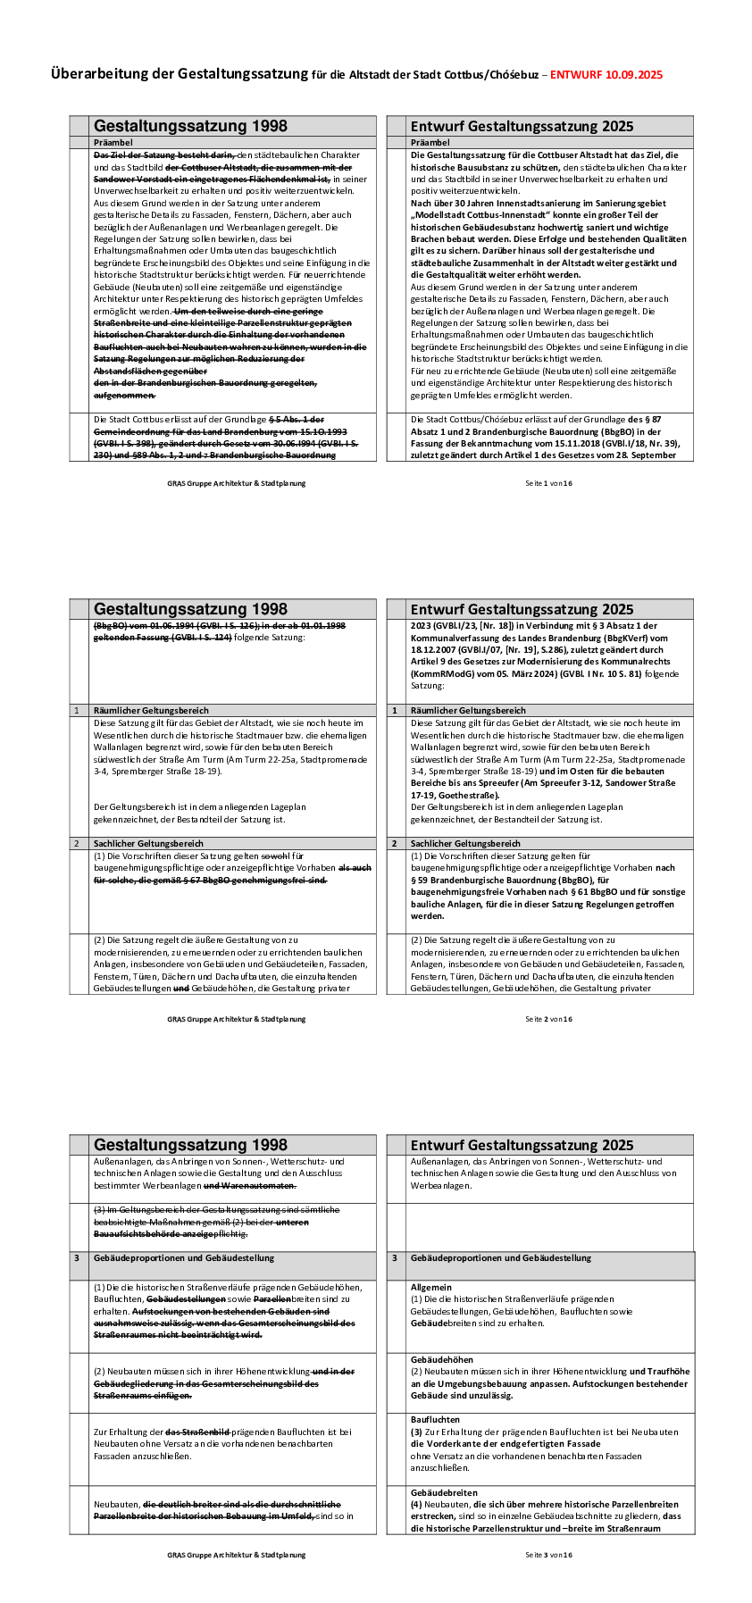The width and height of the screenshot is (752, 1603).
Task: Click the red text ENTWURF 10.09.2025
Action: pos(606,75)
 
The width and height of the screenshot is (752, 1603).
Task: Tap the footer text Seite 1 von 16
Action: pos(548,483)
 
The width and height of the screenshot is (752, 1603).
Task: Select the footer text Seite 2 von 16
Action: pos(548,1019)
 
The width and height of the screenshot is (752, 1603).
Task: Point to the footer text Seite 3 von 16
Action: pos(548,1555)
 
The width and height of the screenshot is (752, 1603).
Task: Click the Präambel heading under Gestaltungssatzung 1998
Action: pos(113,143)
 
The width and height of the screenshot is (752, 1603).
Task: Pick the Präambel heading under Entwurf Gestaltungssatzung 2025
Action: pos(430,143)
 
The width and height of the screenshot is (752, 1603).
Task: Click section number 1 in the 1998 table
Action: pos(77,711)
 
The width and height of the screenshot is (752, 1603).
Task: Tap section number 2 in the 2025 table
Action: pos(395,844)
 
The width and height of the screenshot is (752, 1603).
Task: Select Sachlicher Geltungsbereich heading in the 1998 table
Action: pos(148,844)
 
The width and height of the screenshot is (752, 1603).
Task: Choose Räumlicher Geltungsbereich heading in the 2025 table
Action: pos(468,711)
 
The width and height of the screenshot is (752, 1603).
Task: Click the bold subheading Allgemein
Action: pos(431,1287)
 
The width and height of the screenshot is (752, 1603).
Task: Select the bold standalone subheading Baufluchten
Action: pos(435,1419)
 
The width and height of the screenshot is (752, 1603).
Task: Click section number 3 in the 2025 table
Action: pos(395,1258)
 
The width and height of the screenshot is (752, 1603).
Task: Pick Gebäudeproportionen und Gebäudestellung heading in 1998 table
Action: pos(183,1258)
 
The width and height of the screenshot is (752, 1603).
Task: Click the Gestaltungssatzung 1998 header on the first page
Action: pos(190,127)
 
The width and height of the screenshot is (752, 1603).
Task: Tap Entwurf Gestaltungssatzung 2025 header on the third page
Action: pos(522,1146)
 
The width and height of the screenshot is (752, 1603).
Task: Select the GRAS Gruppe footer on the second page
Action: pos(236,1019)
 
